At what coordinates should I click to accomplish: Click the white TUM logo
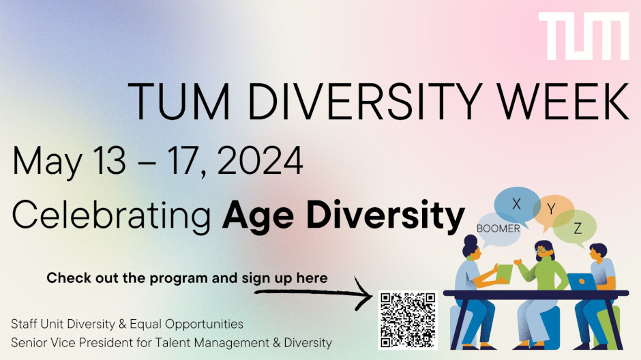584,36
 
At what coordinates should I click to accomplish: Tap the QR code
408,320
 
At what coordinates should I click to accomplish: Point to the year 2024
260,161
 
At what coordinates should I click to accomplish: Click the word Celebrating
112,215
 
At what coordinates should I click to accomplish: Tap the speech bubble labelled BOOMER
498,230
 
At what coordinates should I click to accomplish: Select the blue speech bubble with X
516,205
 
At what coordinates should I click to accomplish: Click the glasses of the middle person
541,248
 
